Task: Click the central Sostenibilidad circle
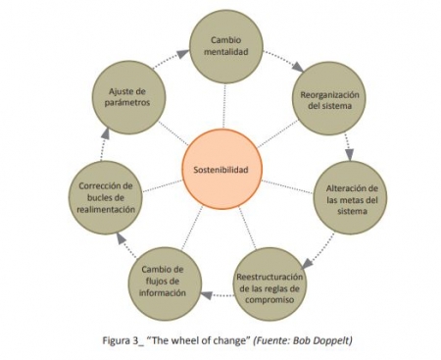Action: [220, 170]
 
